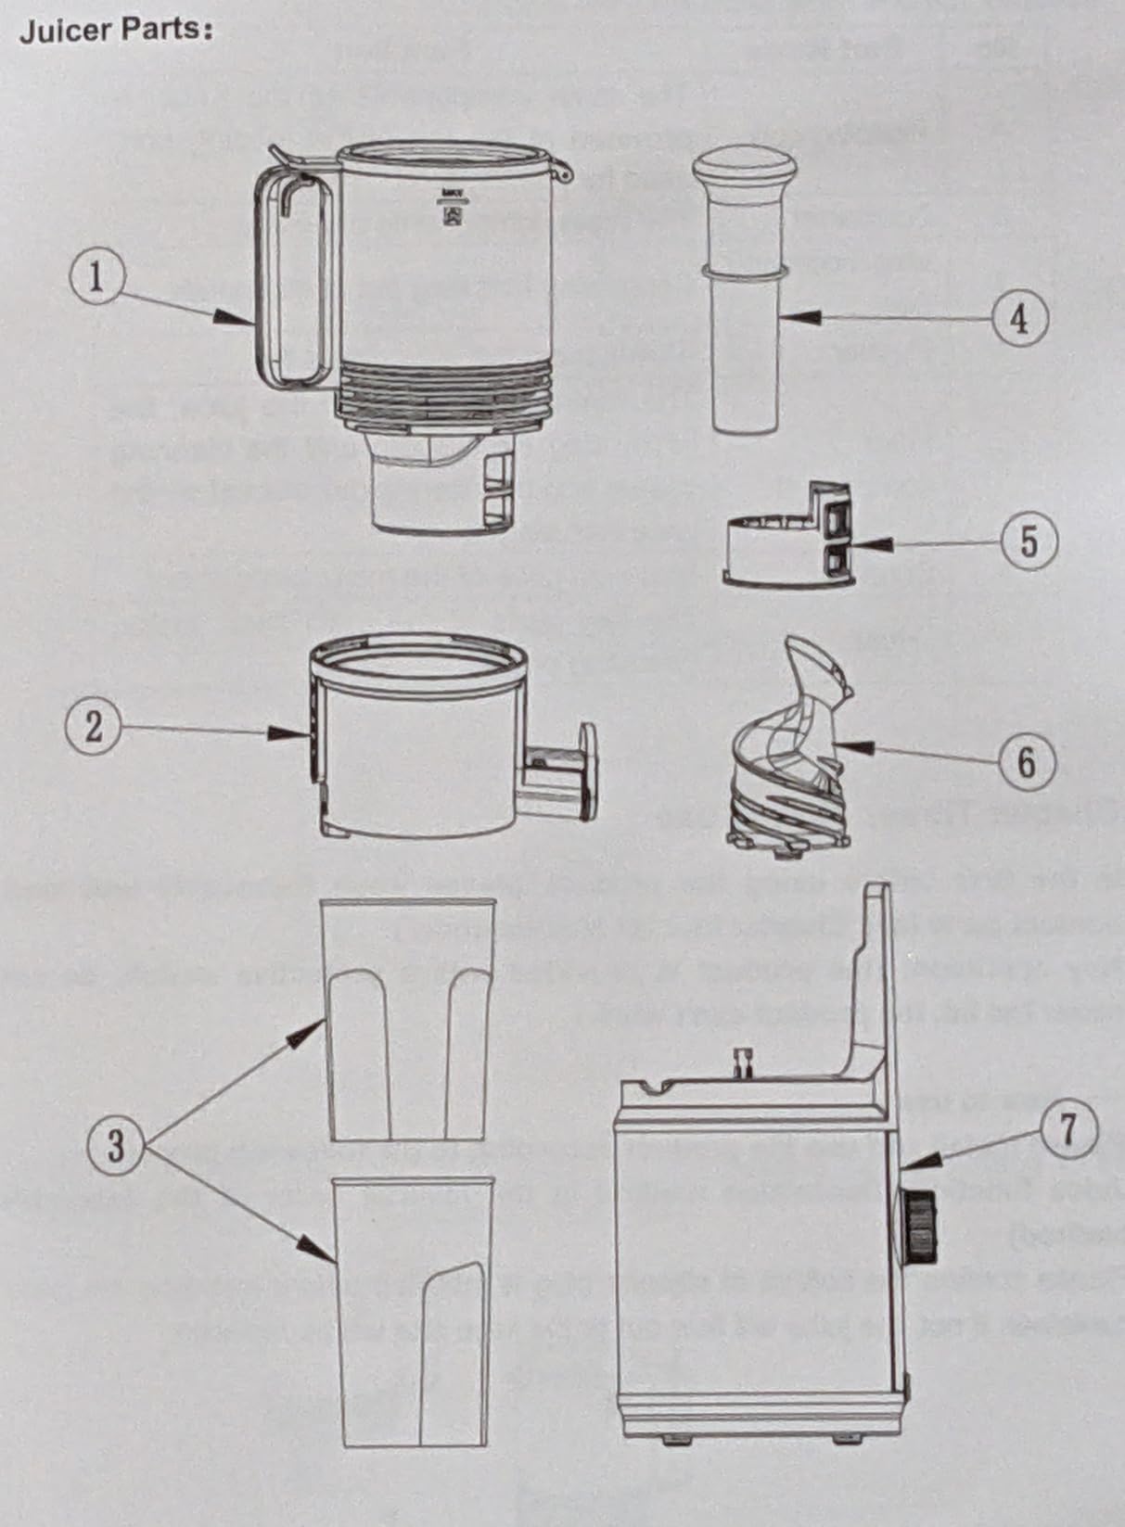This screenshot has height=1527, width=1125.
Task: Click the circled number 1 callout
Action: tap(97, 278)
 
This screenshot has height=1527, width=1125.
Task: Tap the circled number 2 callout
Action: tap(93, 727)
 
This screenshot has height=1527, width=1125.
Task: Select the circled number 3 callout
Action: tap(117, 1146)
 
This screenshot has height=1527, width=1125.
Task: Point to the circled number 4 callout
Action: tap(1018, 319)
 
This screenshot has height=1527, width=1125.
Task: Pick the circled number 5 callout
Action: tap(1029, 542)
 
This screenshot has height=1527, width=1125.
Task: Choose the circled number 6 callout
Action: tap(1026, 761)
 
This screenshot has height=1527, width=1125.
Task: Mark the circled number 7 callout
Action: tap(1068, 1130)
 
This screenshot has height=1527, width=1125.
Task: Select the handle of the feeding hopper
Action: tap(293, 278)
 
